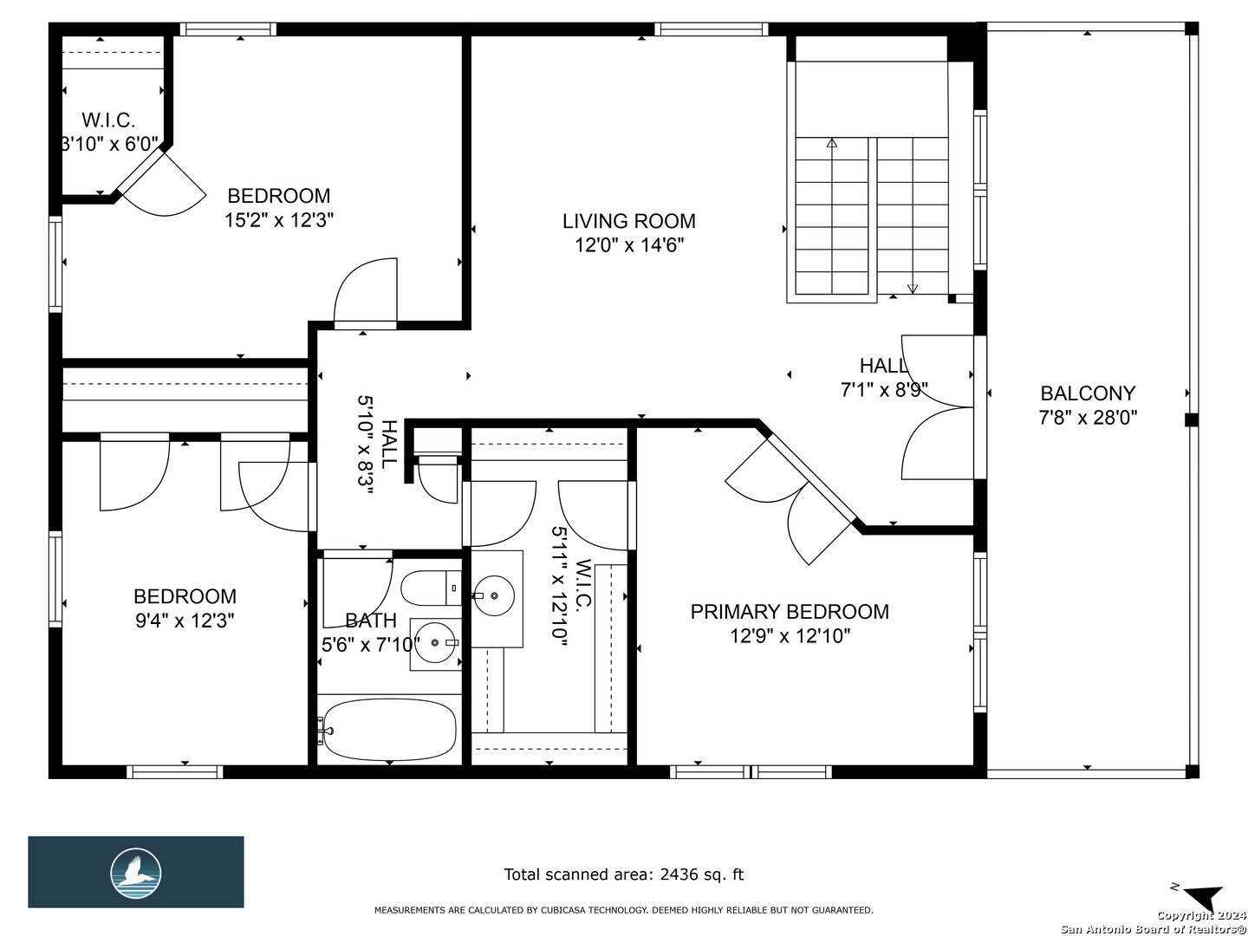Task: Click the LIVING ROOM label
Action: coord(629,221)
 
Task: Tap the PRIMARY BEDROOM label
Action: coord(790,612)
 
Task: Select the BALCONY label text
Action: coord(1088,393)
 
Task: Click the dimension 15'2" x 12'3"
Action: coord(278,220)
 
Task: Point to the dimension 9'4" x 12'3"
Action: coord(185,621)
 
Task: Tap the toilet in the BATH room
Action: coord(431,588)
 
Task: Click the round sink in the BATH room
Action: coord(436,643)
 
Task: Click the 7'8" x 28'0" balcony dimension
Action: coord(1088,419)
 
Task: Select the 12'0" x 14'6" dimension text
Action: coord(629,245)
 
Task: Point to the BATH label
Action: coord(371,621)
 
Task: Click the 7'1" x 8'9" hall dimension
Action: coord(884,390)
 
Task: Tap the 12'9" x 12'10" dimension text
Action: coord(790,636)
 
